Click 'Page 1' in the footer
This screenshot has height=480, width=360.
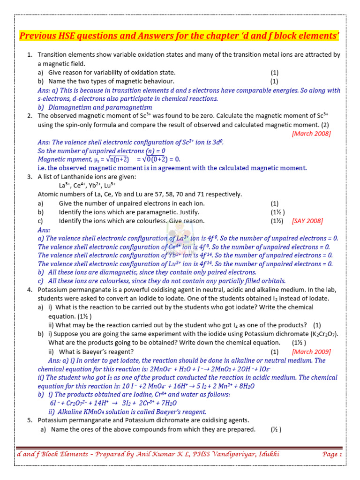pos(332,454)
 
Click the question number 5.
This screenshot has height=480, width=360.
pos(29,420)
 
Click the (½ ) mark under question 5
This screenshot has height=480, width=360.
pos(276,429)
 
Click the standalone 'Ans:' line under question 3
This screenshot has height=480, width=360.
pos(44,230)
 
